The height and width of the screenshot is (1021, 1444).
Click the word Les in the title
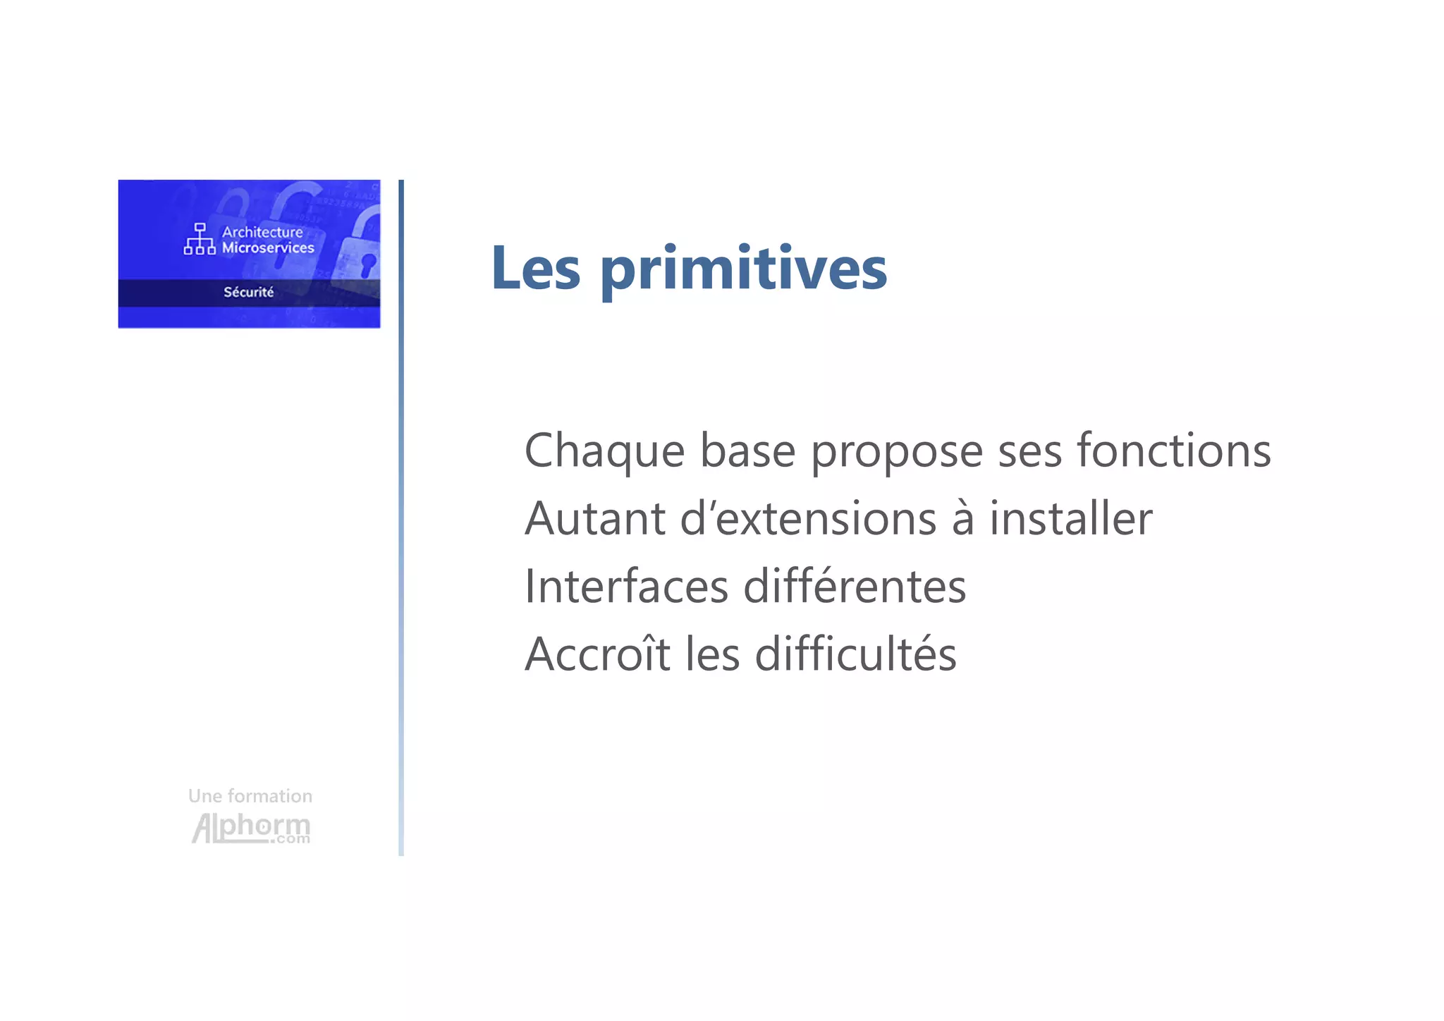click(x=536, y=269)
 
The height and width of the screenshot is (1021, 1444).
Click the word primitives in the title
click(x=744, y=270)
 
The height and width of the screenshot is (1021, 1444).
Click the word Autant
click(x=594, y=519)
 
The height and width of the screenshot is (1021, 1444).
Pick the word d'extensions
click(x=808, y=519)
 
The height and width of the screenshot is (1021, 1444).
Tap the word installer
click(x=1070, y=519)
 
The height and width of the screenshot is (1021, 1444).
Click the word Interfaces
click(x=626, y=587)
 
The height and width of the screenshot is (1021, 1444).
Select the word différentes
click(x=855, y=587)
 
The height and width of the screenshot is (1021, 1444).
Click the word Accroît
click(x=597, y=654)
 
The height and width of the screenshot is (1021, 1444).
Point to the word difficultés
click(x=855, y=654)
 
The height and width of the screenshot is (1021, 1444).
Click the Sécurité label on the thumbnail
click(x=248, y=292)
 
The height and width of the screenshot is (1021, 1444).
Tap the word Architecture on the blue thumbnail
click(x=262, y=232)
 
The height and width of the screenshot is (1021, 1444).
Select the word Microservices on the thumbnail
click(x=268, y=247)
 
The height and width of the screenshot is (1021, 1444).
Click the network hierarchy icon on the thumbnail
click(x=200, y=239)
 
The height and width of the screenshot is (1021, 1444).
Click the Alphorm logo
click(x=250, y=828)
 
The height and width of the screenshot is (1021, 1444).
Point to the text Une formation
click(x=250, y=796)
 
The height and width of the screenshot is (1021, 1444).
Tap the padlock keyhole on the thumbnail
click(x=368, y=264)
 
